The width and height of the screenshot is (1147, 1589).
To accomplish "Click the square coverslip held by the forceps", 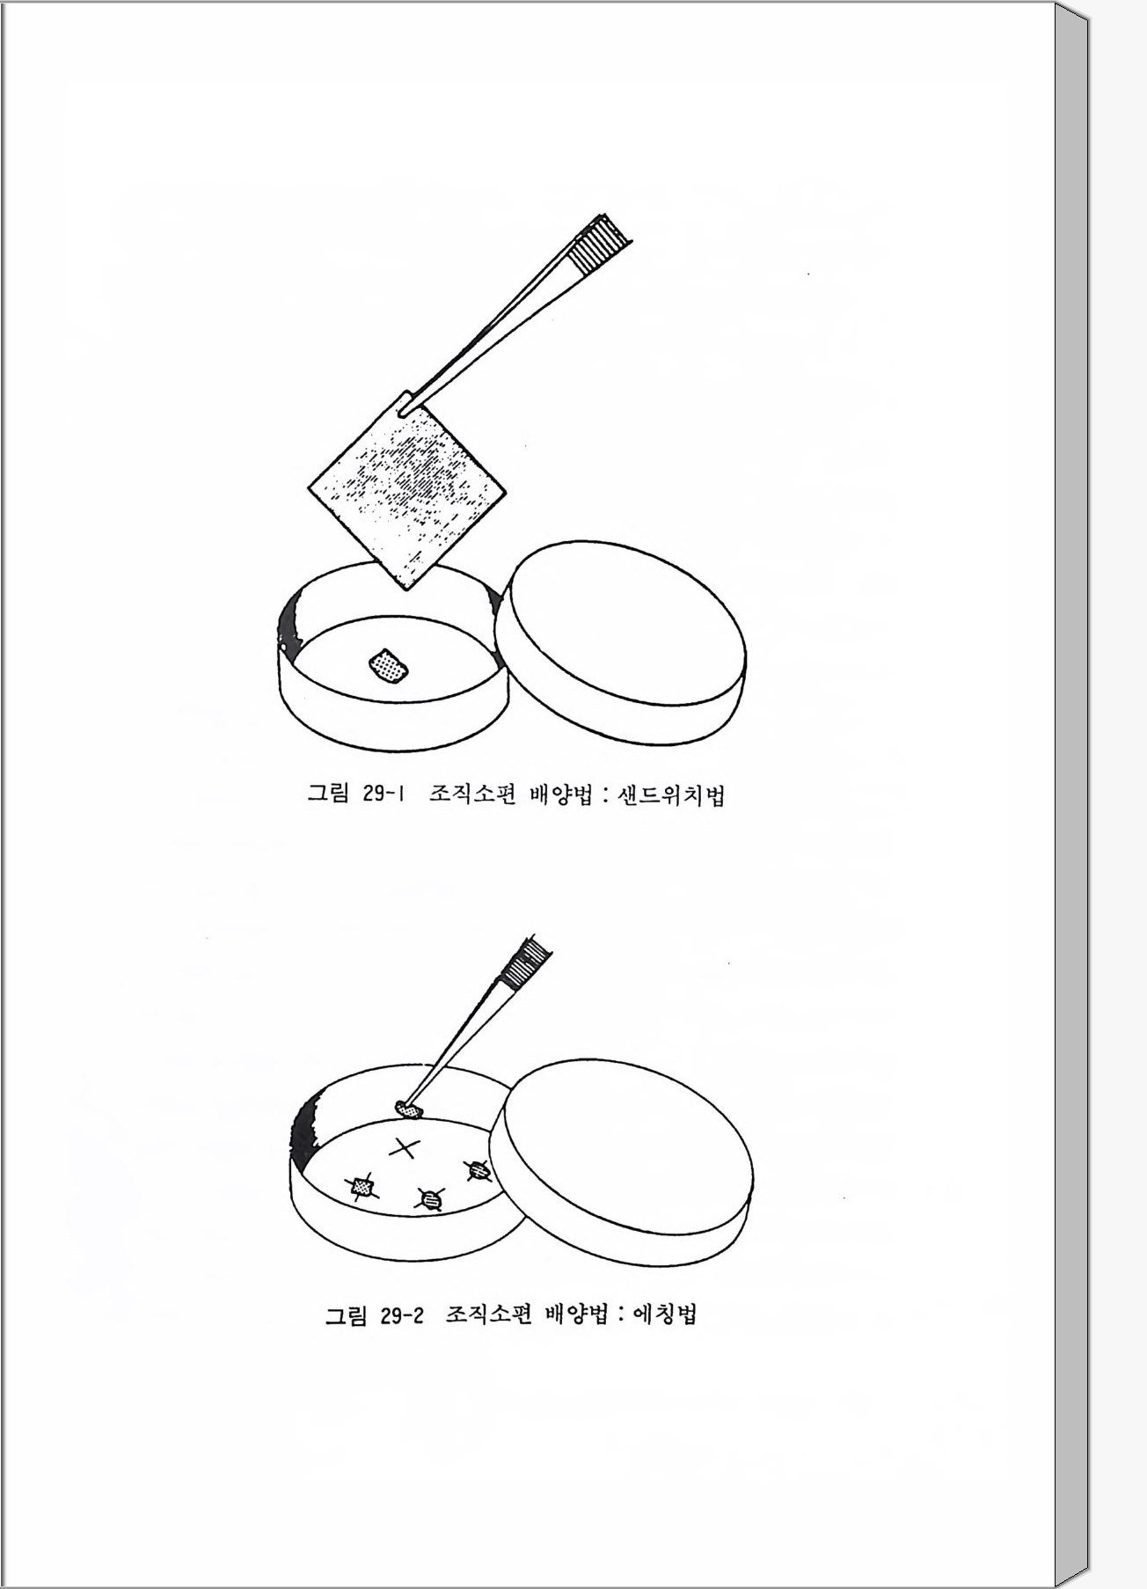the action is (x=408, y=488).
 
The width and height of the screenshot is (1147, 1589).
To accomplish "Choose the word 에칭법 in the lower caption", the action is (x=665, y=1315).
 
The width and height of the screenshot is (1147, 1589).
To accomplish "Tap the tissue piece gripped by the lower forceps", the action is (x=408, y=1109).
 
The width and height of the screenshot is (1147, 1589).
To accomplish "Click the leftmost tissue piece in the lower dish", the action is (x=362, y=1189).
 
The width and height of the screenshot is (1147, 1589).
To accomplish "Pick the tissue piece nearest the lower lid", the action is (x=478, y=1170).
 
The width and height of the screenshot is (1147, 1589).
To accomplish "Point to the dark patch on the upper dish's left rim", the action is (x=288, y=626).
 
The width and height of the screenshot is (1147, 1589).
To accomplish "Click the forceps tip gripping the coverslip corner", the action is (x=406, y=407).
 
